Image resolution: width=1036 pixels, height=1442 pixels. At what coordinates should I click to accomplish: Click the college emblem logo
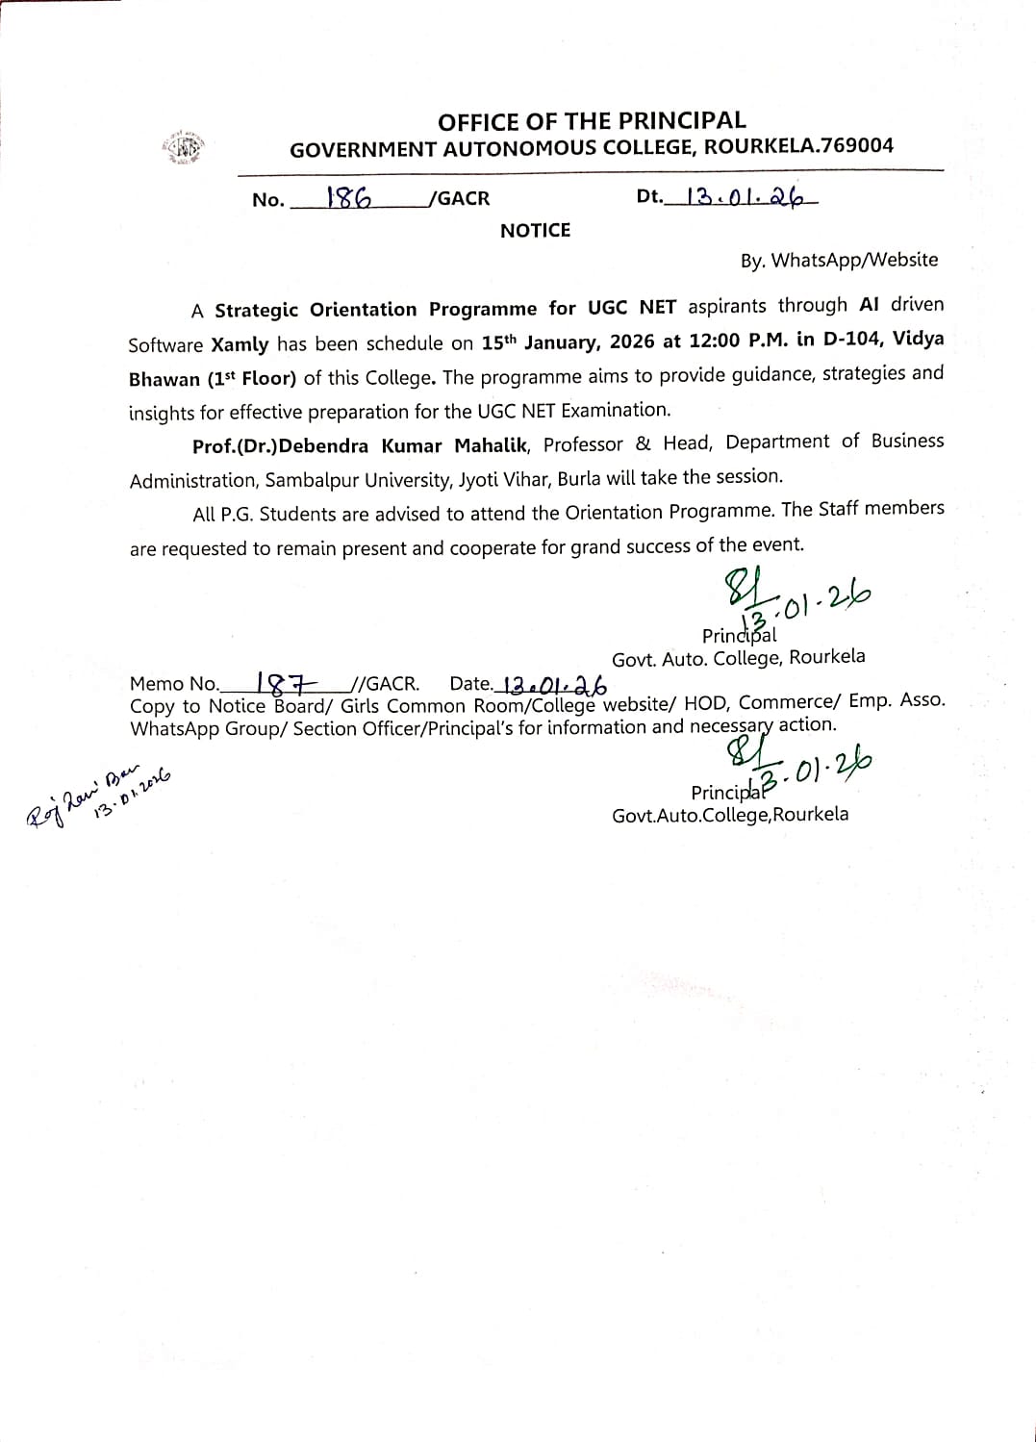pyautogui.click(x=184, y=148)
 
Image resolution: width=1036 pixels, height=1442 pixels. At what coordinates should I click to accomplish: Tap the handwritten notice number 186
pyautogui.click(x=349, y=197)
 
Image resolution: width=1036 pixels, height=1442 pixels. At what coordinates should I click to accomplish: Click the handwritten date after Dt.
pyautogui.click(x=745, y=197)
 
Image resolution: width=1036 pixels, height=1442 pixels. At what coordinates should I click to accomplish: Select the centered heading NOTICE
pyautogui.click(x=535, y=231)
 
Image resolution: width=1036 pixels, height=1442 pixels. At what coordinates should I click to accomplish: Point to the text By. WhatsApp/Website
pyautogui.click(x=839, y=260)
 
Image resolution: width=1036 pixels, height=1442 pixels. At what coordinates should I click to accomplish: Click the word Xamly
pyautogui.click(x=240, y=344)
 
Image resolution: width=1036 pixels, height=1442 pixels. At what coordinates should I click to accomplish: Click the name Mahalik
pyautogui.click(x=491, y=445)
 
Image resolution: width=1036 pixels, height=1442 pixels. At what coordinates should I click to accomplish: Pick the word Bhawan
pyautogui.click(x=164, y=379)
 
